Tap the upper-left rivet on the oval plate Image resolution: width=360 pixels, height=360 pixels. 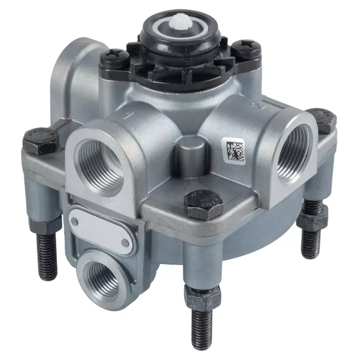(75, 221)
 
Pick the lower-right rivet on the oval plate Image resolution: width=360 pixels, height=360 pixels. (125, 243)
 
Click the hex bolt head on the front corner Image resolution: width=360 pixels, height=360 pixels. (203, 203)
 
